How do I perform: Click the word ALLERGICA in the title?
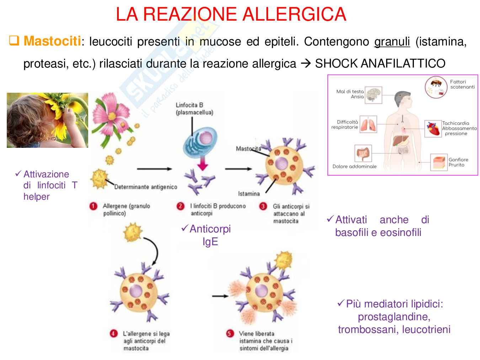click(x=294, y=14)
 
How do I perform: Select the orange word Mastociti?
click(x=52, y=41)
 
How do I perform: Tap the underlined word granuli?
click(x=392, y=42)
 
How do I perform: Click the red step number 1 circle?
click(x=94, y=206)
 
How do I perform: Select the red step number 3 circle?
click(x=263, y=206)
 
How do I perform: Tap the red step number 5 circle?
click(x=230, y=333)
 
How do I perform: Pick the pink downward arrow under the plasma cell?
click(x=202, y=164)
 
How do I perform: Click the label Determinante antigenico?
click(x=145, y=187)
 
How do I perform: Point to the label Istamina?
click(x=249, y=194)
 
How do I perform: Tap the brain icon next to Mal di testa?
click(x=373, y=95)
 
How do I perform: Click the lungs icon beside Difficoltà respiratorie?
click(x=368, y=125)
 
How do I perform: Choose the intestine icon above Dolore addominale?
click(x=363, y=153)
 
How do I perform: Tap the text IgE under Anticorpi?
click(x=210, y=242)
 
